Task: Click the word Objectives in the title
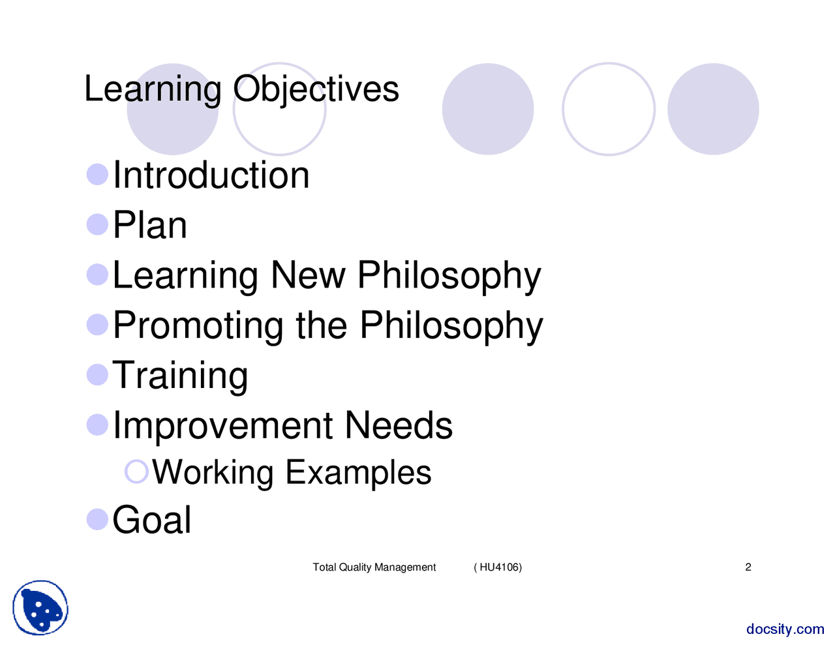tap(316, 89)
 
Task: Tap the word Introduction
tap(211, 175)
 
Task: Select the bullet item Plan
tap(149, 226)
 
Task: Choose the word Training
tap(180, 376)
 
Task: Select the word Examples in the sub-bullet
tap(358, 472)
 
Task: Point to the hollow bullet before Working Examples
tap(136, 472)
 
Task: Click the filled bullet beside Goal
tap(97, 520)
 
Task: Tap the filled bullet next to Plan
tap(97, 224)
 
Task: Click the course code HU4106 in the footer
tap(500, 567)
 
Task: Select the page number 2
tap(748, 567)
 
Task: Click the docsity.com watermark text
tap(785, 629)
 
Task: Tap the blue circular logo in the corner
tap(40, 608)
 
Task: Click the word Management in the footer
tap(405, 567)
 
